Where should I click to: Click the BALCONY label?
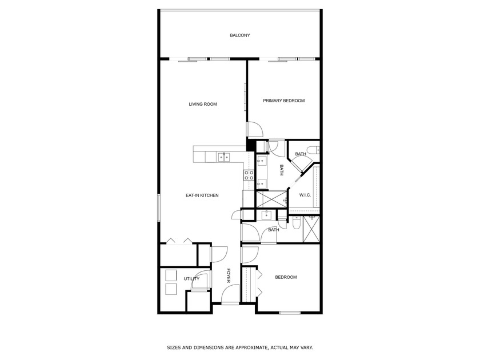coord(239,35)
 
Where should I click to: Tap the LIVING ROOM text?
coord(203,104)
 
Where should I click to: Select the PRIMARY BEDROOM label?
coord(283,101)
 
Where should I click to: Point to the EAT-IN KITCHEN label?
coord(202,195)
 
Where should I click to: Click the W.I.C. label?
coord(305,195)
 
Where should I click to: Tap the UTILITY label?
coord(191,279)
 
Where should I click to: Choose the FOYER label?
coord(229,276)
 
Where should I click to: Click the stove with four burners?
coord(249,175)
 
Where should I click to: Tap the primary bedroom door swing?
coord(254,129)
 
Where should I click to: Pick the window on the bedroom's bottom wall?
coord(290,313)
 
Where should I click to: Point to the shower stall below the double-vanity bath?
coord(270,199)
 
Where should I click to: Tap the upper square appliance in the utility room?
coord(171,275)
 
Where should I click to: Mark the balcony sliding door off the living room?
coord(200,59)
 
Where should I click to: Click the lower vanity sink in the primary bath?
coord(262,183)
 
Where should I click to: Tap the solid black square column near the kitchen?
coord(250,146)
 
